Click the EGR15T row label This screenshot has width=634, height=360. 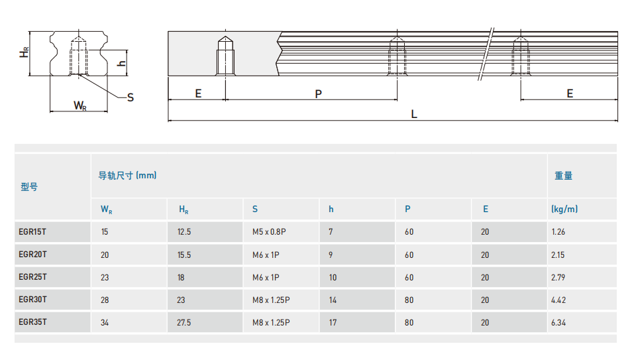(32, 232)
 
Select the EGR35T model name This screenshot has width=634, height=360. (32, 322)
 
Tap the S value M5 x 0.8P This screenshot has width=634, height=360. (269, 232)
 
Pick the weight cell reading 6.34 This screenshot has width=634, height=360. (558, 323)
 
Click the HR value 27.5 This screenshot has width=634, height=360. (184, 323)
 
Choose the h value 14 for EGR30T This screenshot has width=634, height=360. (333, 300)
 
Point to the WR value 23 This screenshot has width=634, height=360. (105, 278)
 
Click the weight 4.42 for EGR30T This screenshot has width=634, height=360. (558, 300)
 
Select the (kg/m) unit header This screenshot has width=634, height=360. (564, 209)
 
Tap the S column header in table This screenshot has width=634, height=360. (255, 209)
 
